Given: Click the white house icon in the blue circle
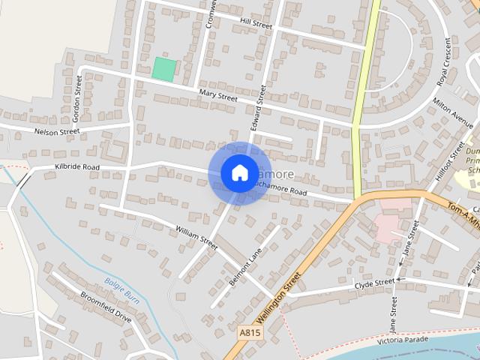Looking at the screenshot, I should [x=239, y=172].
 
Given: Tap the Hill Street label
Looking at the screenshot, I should [x=256, y=24].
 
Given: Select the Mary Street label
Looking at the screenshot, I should [x=218, y=95].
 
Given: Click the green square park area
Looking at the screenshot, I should [x=164, y=69].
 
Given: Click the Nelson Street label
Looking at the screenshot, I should [x=57, y=131].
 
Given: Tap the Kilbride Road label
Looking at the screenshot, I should [x=77, y=166].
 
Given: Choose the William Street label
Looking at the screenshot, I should [x=196, y=237].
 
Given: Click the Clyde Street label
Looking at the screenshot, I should [x=375, y=283].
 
